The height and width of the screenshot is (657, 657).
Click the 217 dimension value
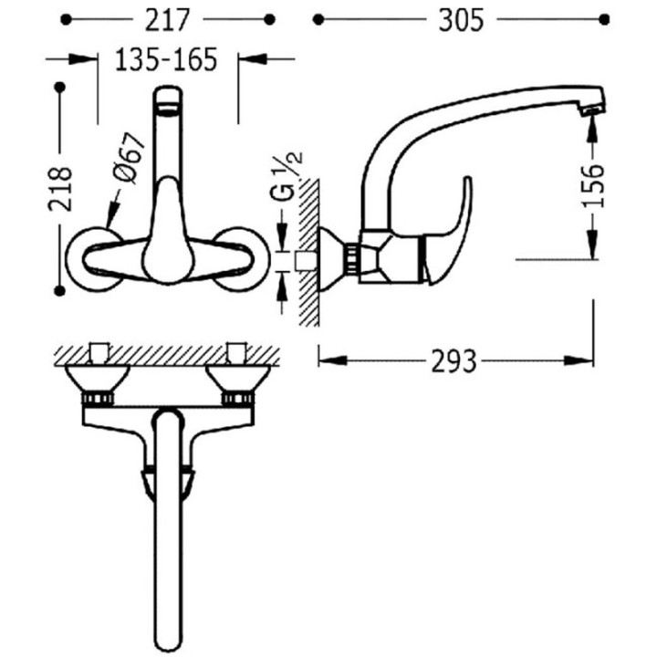[x=167, y=20]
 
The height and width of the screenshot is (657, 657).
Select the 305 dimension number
[x=461, y=20]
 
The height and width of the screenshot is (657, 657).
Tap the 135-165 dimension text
[x=166, y=59]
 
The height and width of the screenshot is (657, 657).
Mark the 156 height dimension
[x=593, y=185]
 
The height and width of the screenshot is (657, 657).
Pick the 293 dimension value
[x=454, y=360]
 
